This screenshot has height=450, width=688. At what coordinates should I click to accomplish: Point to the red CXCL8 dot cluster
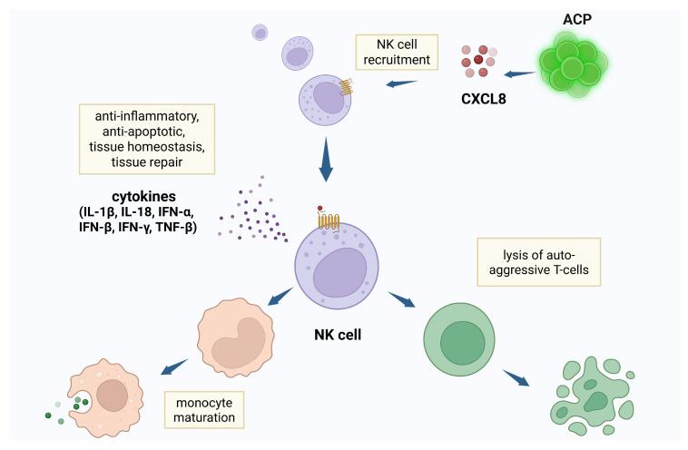click(477, 62)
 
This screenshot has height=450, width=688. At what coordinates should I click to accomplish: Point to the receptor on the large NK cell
click(327, 219)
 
